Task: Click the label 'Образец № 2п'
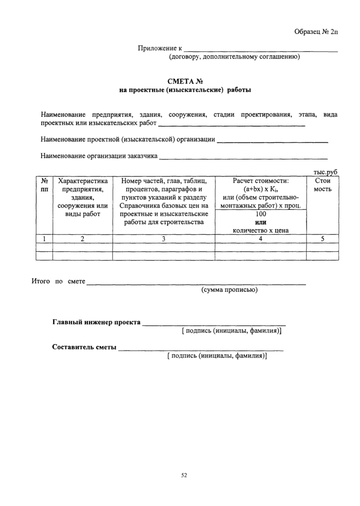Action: tap(316, 32)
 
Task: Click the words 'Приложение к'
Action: tap(160, 48)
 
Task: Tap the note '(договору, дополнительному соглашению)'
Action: tap(235, 57)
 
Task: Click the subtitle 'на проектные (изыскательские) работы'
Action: tap(185, 90)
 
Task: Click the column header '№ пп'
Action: tap(44, 185)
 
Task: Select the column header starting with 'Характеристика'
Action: tap(83, 197)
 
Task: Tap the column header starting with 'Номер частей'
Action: tap(164, 201)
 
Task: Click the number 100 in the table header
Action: tap(261, 214)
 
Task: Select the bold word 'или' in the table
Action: tap(261, 222)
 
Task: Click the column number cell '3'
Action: tap(164, 238)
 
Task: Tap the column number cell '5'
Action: tap(322, 238)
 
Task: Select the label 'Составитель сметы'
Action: tap(84, 347)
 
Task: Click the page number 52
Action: tap(184, 475)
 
